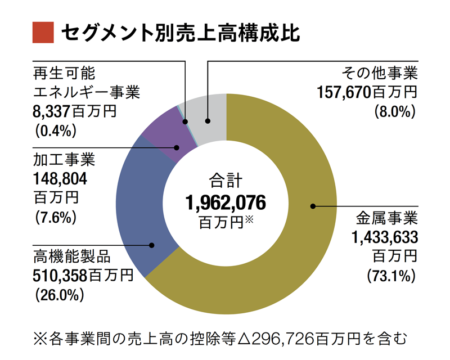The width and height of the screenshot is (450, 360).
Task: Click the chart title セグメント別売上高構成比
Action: pos(181,32)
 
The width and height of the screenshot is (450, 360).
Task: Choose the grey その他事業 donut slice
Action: pos(205,115)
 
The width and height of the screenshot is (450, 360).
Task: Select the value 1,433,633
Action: pos(385,237)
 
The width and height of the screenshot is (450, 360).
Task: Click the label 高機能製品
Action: pos(71,259)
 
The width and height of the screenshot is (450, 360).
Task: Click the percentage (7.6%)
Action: pos(55,217)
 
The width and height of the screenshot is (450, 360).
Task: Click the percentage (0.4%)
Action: pos(55,131)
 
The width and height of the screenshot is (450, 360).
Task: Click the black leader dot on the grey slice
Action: pos(208,120)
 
